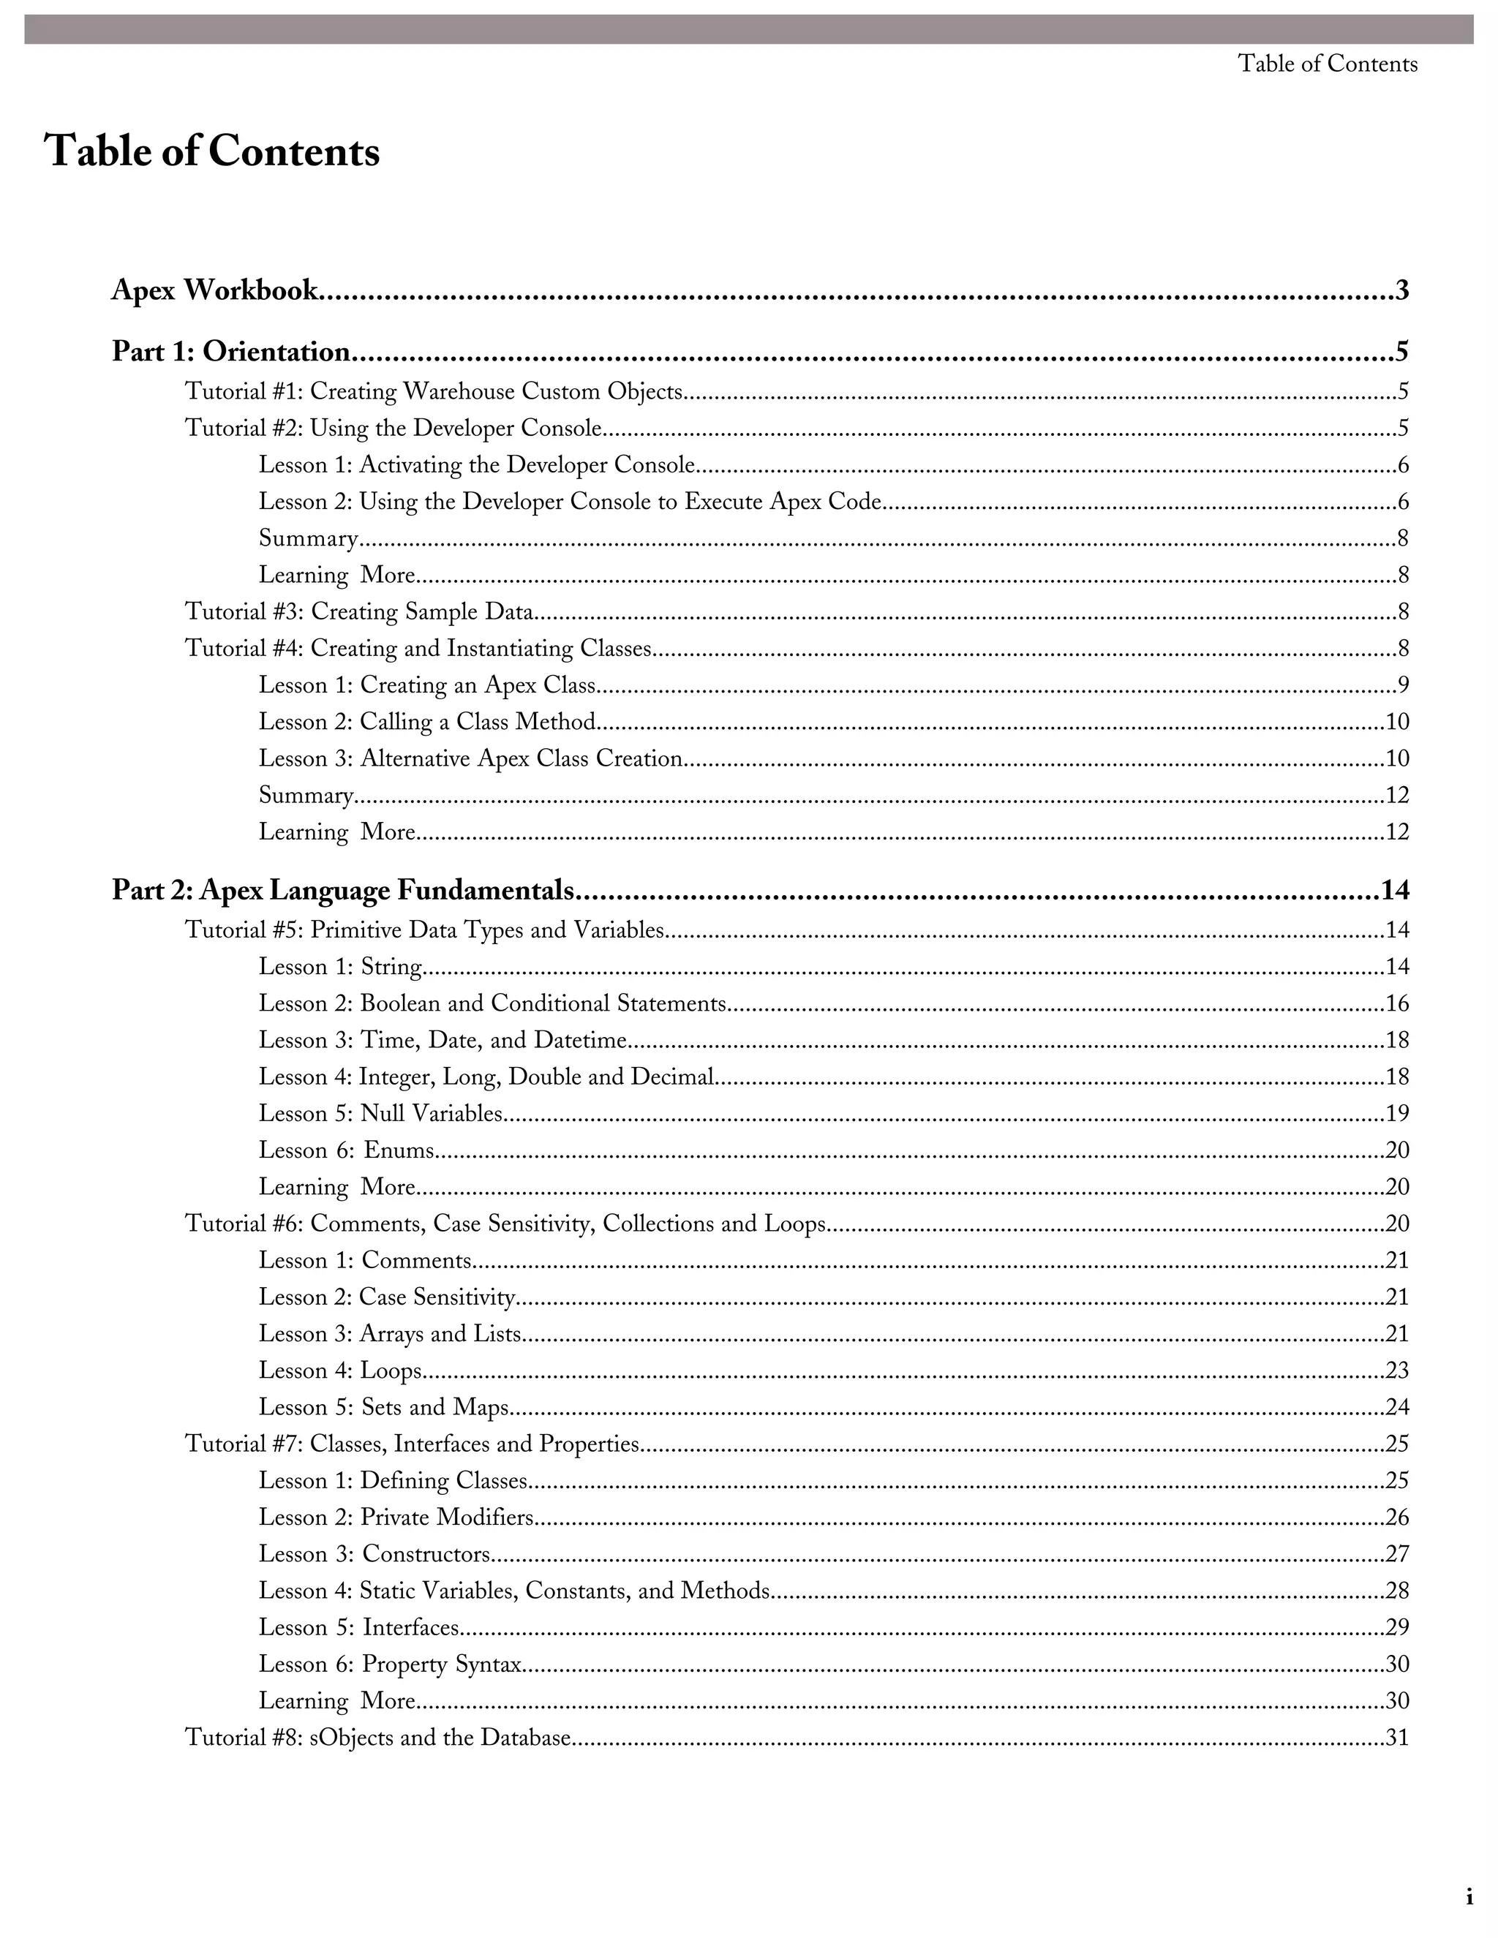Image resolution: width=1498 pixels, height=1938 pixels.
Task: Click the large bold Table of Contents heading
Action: click(212, 151)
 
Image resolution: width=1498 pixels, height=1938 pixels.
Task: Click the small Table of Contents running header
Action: click(1327, 64)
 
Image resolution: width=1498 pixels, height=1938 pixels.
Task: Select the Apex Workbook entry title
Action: click(214, 290)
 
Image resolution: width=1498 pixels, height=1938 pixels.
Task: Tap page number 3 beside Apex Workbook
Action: click(1402, 290)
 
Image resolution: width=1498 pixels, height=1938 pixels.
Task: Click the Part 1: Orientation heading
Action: click(230, 352)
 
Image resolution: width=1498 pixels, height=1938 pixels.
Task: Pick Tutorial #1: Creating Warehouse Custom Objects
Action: click(434, 391)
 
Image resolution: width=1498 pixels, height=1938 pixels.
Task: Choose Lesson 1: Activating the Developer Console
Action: click(477, 465)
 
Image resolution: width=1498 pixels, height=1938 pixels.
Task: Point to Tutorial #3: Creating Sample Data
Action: click(359, 611)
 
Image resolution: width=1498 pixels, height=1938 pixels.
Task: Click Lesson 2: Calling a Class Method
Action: click(427, 721)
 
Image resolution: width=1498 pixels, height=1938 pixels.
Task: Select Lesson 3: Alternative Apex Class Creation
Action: click(470, 758)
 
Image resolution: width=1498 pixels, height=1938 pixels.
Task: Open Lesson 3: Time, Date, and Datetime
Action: click(443, 1040)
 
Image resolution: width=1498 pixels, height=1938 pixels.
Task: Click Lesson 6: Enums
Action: click(346, 1150)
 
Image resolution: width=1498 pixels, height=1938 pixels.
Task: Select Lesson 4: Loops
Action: click(340, 1371)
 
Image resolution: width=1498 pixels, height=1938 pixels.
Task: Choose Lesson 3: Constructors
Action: click(374, 1554)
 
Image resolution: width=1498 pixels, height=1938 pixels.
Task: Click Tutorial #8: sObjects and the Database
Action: click(378, 1738)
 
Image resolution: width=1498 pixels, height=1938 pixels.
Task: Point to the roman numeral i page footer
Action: click(1469, 1898)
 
